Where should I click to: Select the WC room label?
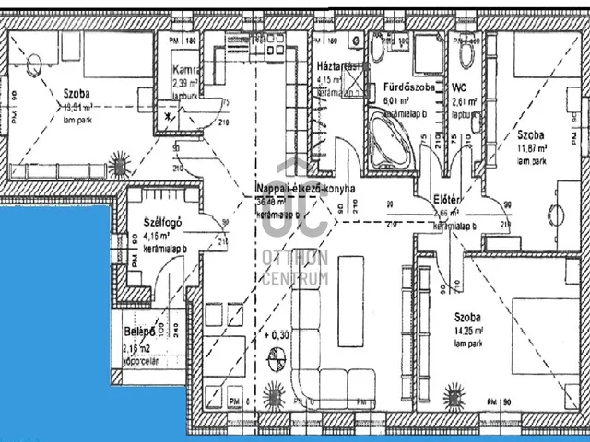462,87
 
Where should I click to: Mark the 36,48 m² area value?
276,203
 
